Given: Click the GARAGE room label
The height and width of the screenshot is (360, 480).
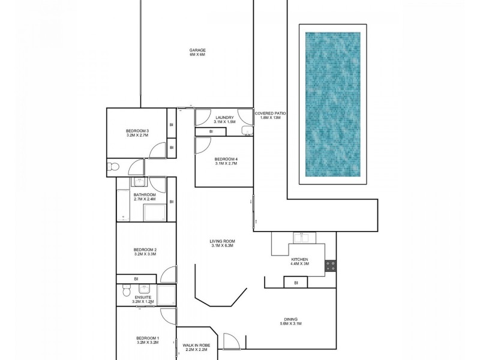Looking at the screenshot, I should [197, 50].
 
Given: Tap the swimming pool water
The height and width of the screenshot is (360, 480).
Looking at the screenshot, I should [333, 105].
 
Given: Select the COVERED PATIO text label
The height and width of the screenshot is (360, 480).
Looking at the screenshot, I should [270, 113].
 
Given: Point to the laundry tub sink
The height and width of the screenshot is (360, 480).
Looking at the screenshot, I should [246, 130].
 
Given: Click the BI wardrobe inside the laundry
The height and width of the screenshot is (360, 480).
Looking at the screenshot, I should [211, 131].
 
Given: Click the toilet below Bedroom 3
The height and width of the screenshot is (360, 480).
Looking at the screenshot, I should [114, 166].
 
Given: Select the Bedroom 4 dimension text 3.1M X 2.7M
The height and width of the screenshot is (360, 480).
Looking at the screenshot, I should [226, 163].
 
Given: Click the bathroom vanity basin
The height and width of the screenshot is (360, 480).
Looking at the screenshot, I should [140, 184].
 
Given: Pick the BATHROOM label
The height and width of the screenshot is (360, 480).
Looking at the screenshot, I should [145, 195].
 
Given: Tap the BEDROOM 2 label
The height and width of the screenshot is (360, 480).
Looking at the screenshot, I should [145, 250].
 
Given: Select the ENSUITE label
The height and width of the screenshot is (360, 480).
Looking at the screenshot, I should [143, 297].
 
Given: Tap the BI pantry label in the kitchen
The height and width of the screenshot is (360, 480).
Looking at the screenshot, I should [296, 282].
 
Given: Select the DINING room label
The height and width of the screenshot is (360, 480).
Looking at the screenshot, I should [290, 319].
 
